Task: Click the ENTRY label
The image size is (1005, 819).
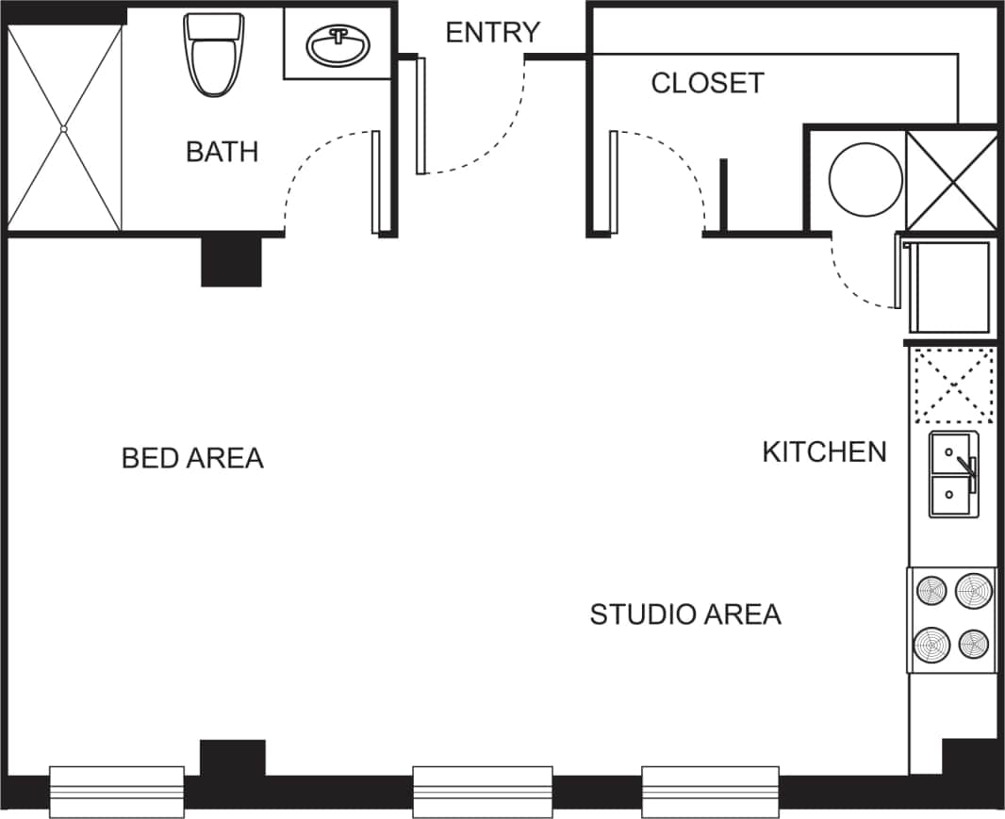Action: (492, 32)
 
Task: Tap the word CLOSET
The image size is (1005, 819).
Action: (707, 83)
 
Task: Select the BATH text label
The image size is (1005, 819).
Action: (222, 152)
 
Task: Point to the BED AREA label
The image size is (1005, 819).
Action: (192, 458)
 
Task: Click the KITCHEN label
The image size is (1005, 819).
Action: (824, 452)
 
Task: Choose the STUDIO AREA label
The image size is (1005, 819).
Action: (685, 614)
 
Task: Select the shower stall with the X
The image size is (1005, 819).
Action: (64, 128)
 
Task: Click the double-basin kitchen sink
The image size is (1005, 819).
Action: (954, 475)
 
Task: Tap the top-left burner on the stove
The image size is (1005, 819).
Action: (931, 592)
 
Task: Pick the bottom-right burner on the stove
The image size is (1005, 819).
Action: (974, 644)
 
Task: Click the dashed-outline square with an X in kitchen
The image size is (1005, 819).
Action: (954, 385)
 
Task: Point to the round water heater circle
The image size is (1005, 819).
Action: (865, 179)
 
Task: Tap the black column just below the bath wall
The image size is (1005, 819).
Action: (231, 261)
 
